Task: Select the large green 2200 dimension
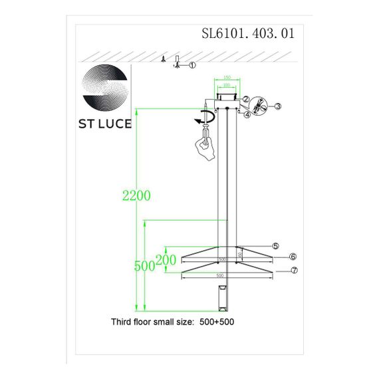coord(136,195)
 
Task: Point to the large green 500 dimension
coord(144,265)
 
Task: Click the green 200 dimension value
coord(166,259)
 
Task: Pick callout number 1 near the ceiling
coord(192,65)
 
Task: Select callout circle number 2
coord(246,100)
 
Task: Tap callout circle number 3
coord(279,106)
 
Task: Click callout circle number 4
coord(247,114)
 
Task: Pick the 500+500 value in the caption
coord(217,321)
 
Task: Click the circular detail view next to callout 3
coord(259,106)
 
